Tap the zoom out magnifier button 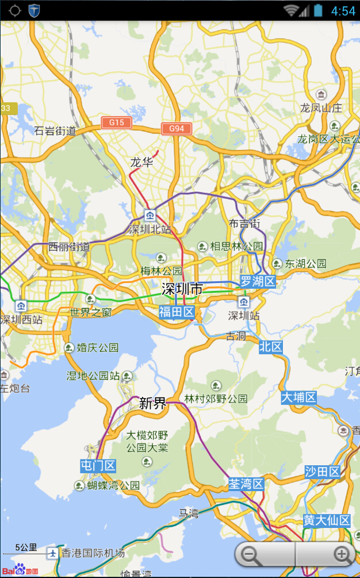pyautogui.click(x=250, y=555)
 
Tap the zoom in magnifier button pyautogui.click(x=342, y=554)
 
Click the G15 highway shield pyautogui.click(x=117, y=123)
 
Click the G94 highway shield pyautogui.click(x=177, y=128)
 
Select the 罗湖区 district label pyautogui.click(x=258, y=282)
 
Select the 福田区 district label pyautogui.click(x=177, y=312)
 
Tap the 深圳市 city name pyautogui.click(x=182, y=289)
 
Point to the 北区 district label pyautogui.click(x=270, y=346)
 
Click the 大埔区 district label pyautogui.click(x=299, y=397)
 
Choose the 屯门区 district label pyautogui.click(x=98, y=466)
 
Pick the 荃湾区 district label pyautogui.click(x=246, y=484)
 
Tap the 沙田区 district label pyautogui.click(x=323, y=472)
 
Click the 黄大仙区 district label pyautogui.click(x=327, y=520)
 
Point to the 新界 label pyautogui.click(x=153, y=403)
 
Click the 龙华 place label pyautogui.click(x=141, y=162)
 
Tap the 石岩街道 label pyautogui.click(x=55, y=131)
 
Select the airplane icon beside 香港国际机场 pyautogui.click(x=53, y=553)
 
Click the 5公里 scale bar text pyautogui.click(x=26, y=548)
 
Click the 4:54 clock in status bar pyautogui.click(x=343, y=11)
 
